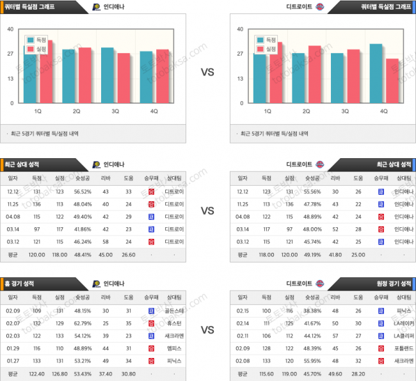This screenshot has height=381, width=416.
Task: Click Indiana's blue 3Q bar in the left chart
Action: tap(108, 75)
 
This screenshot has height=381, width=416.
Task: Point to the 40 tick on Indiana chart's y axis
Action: tap(10, 29)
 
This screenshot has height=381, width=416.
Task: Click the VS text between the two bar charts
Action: tap(207, 73)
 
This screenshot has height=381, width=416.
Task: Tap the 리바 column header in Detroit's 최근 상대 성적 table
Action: tap(335, 178)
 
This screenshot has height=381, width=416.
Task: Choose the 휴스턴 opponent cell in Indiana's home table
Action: tap(174, 324)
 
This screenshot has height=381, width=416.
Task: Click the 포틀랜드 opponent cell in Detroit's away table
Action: tap(403, 348)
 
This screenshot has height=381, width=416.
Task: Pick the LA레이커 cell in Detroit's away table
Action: tap(403, 324)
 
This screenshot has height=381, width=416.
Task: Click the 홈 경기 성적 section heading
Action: tap(22, 283)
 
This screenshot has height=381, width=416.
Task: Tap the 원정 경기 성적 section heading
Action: tap(393, 283)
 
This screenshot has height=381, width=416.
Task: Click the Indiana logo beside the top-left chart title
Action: tap(96, 7)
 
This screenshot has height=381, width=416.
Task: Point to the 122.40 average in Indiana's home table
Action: tap(36, 373)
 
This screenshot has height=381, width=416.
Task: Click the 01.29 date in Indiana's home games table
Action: tap(13, 348)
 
